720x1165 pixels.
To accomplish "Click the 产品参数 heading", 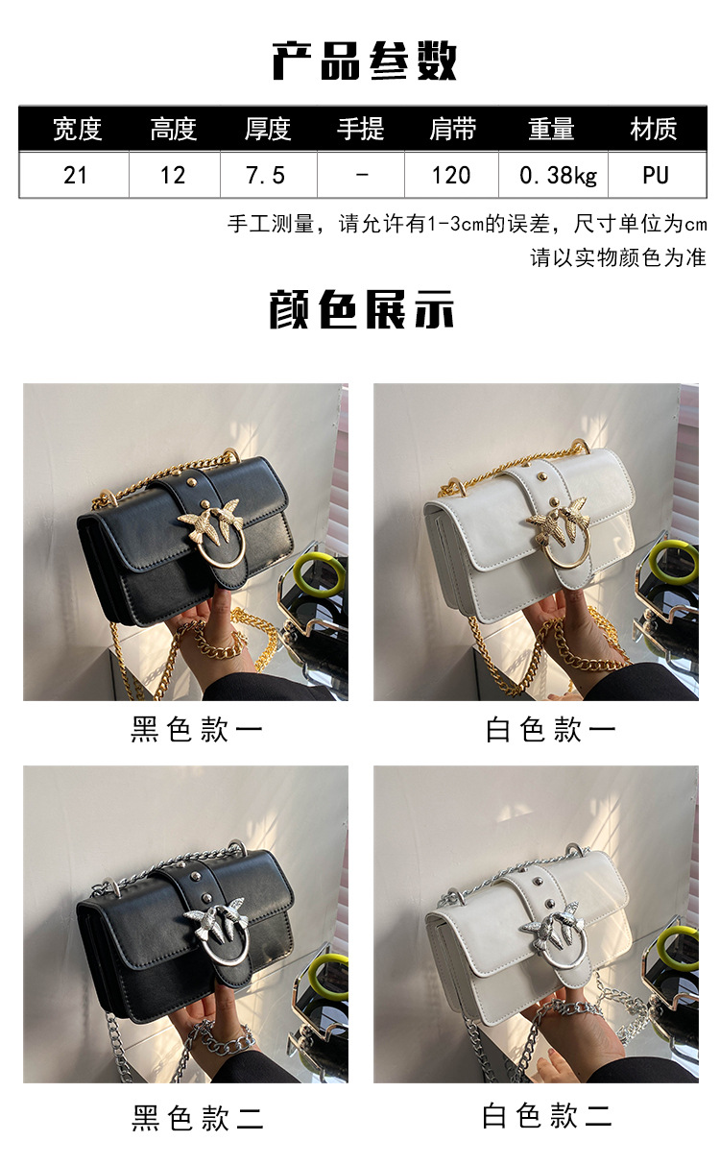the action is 364,61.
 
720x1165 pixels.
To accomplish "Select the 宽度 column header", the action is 77,129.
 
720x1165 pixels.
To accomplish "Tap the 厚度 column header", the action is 267,129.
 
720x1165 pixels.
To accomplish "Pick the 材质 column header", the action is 654,129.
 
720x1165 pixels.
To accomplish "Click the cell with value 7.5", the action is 266,175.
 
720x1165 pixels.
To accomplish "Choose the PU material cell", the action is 656,175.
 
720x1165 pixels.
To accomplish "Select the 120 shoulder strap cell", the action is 450,175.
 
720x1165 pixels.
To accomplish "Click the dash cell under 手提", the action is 362,175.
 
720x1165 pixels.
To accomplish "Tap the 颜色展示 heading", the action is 362,309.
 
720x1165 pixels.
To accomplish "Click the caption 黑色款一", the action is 196,729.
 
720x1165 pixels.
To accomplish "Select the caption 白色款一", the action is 550,729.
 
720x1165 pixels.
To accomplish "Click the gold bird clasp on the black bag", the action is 211,529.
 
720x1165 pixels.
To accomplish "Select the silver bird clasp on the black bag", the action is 216,931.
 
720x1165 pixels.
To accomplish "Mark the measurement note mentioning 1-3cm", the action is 467,224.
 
